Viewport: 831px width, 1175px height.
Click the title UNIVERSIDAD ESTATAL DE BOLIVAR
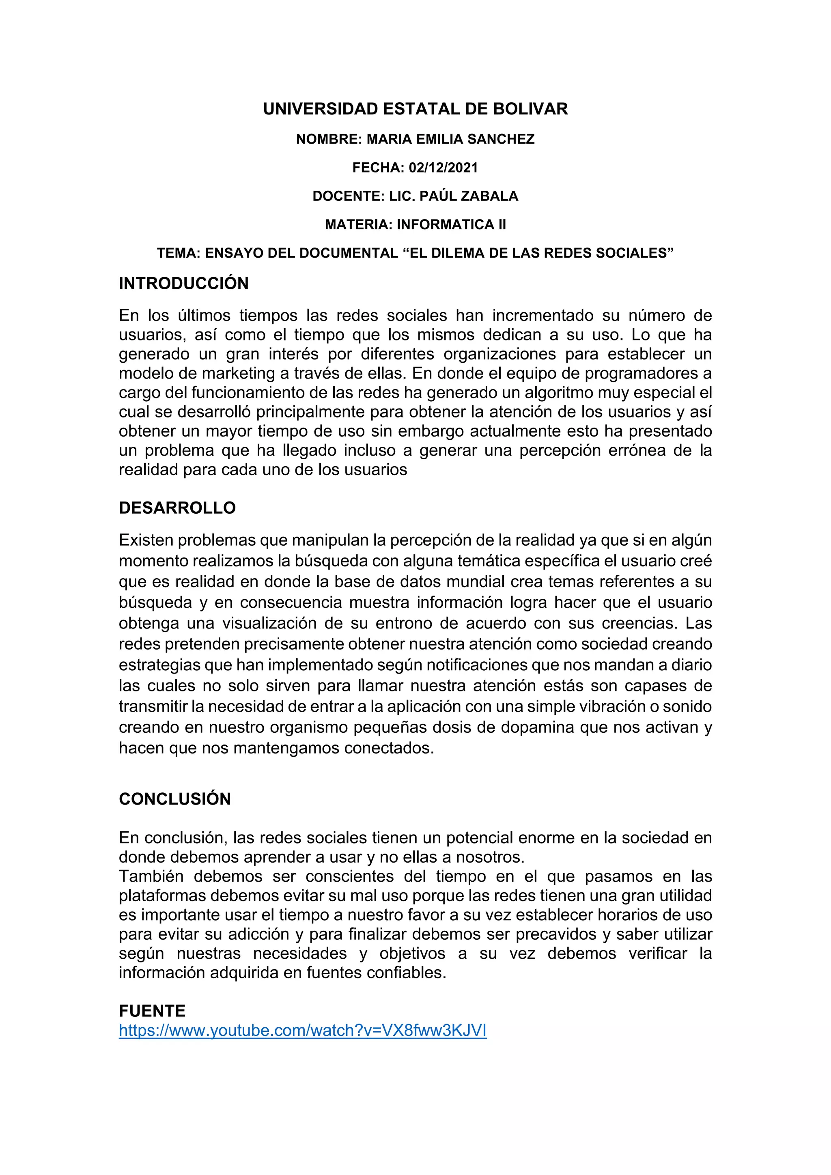(415, 109)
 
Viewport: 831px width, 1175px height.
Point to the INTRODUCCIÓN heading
(184, 284)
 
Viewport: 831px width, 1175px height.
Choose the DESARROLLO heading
(177, 508)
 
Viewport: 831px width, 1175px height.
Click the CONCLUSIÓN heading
(174, 799)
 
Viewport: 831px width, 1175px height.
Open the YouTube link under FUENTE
(302, 1030)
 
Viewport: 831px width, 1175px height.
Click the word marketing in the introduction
(239, 373)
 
